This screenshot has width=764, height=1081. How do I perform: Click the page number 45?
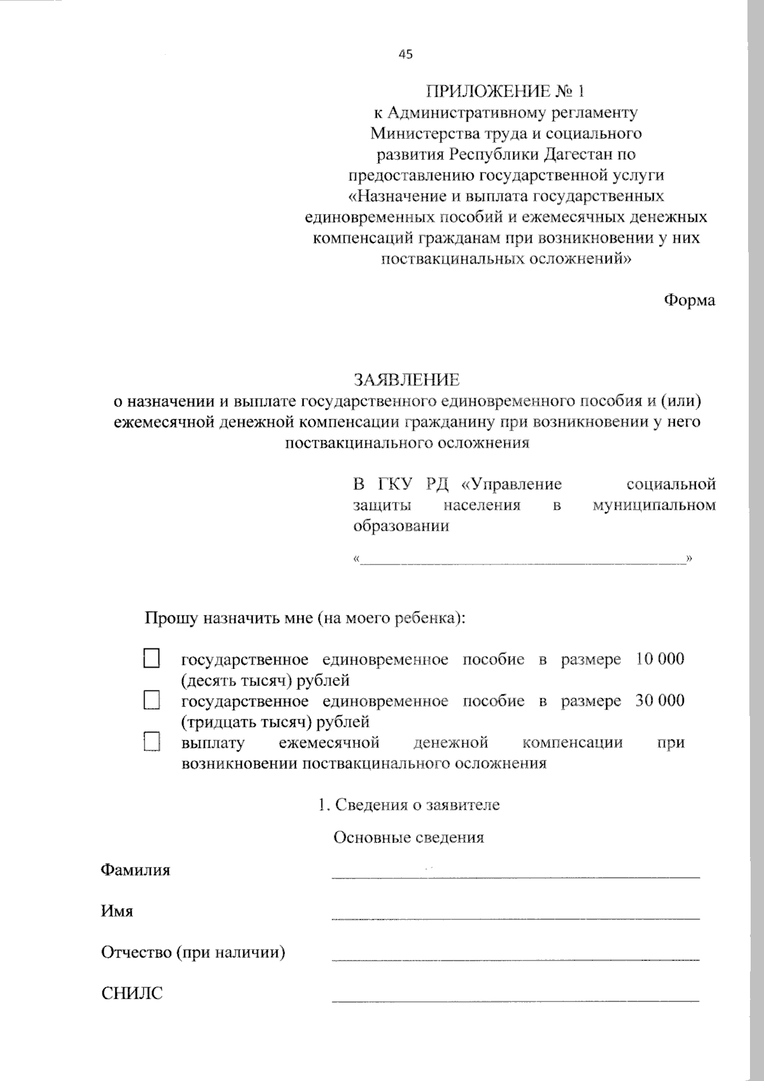(406, 54)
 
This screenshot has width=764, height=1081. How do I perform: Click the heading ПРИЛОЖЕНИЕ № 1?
(505, 91)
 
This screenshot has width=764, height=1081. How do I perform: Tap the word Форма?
(690, 300)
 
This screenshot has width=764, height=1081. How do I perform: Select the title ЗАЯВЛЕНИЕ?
(407, 380)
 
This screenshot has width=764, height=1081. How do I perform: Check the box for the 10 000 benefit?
(152, 659)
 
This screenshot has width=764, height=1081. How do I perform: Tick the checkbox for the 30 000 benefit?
(152, 701)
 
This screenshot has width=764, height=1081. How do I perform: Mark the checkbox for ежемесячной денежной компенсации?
(152, 742)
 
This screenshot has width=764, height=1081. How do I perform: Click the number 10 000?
(660, 659)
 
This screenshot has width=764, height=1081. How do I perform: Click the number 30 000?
(660, 701)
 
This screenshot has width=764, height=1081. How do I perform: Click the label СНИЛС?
(132, 993)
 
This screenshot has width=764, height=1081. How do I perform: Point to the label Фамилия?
(136, 870)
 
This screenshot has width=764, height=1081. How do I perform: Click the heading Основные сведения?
(408, 837)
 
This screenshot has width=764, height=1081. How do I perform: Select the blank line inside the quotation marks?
(522, 560)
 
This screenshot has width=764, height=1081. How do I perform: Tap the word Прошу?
(171, 618)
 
